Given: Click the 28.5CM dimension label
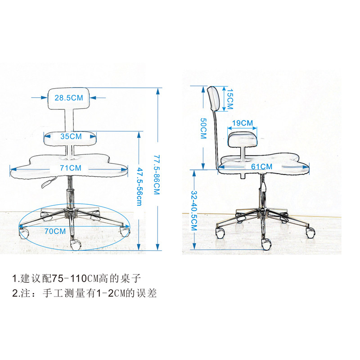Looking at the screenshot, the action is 69,98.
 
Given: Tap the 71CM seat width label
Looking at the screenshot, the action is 71,168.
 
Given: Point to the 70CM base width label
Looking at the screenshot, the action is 55,231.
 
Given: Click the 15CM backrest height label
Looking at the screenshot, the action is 229,99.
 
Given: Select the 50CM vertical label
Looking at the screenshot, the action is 203,128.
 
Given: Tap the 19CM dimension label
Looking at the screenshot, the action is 242,123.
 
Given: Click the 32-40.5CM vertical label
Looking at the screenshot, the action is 194,210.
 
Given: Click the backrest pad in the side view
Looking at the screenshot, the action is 215,98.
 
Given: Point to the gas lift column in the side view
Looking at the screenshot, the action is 261,193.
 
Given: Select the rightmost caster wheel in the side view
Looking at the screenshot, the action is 311,233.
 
